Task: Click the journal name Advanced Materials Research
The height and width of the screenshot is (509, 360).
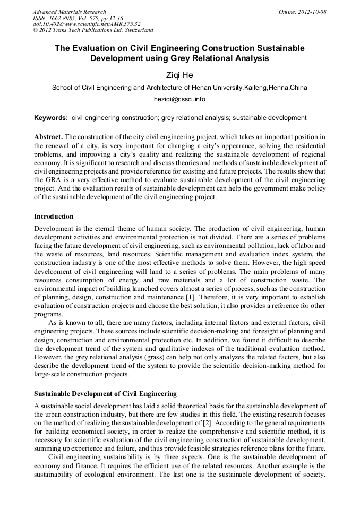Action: [69, 12]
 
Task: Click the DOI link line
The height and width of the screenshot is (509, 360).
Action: [86, 24]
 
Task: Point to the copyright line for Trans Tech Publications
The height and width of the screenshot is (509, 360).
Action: [93, 30]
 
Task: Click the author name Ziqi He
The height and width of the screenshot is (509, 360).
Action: [179, 75]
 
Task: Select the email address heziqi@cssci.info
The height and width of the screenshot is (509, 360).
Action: [179, 99]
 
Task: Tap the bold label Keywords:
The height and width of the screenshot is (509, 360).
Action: [50, 117]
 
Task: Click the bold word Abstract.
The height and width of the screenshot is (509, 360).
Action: [48, 136]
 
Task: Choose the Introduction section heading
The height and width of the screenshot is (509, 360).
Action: [54, 217]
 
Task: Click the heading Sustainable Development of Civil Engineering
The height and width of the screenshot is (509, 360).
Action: [105, 393]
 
